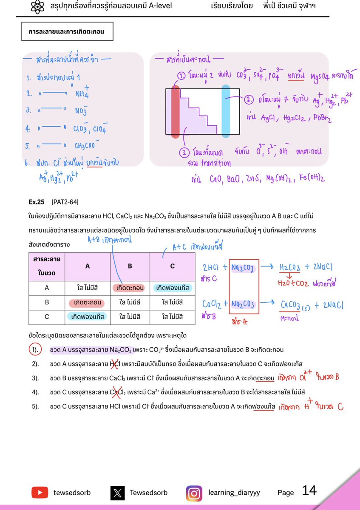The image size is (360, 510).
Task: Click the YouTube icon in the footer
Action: pyautogui.click(x=40, y=493)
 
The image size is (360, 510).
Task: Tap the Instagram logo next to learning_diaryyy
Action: pyautogui.click(x=194, y=493)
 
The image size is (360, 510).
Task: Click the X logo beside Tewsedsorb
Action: pyautogui.click(x=118, y=493)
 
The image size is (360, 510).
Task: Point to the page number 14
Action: pyautogui.click(x=309, y=491)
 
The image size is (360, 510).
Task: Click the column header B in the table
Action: pyautogui.click(x=130, y=266)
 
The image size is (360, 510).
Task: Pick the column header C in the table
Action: pyautogui.click(x=172, y=266)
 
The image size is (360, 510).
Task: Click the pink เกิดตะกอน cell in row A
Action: pyautogui.click(x=130, y=288)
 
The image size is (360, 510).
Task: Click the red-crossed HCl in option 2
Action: pyautogui.click(x=115, y=364)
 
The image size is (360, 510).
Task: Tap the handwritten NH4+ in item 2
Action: pyautogui.click(x=83, y=93)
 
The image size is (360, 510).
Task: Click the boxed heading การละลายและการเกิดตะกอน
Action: pyautogui.click(x=67, y=31)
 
